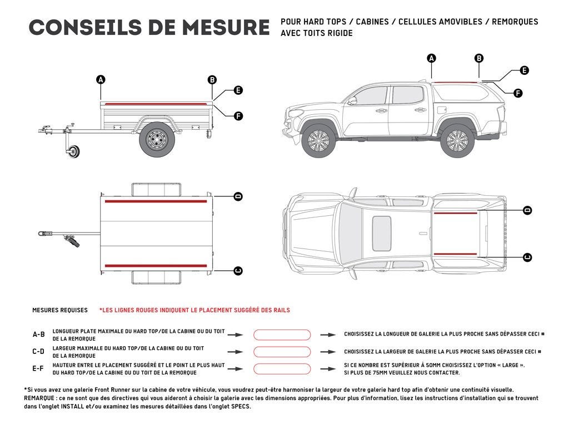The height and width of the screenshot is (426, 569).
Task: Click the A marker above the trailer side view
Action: click(101, 80)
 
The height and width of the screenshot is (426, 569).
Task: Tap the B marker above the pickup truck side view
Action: click(479, 58)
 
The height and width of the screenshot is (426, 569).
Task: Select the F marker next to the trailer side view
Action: click(238, 116)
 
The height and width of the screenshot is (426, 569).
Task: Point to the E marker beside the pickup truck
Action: click(524, 70)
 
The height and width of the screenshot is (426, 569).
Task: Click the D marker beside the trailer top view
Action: click(238, 196)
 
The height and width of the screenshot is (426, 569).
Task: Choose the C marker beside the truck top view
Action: click(527, 257)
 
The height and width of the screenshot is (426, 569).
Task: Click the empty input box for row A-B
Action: click(282, 335)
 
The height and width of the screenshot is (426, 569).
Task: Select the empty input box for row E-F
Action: click(282, 369)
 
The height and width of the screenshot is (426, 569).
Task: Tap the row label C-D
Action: click(38, 352)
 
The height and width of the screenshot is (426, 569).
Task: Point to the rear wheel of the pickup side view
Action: click(457, 139)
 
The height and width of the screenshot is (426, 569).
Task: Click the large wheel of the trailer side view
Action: click(157, 139)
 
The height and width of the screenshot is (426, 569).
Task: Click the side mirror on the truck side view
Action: click(352, 100)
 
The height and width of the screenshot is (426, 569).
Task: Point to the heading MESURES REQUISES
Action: click(60, 310)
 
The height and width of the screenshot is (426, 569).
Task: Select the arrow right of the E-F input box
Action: click(328, 369)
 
